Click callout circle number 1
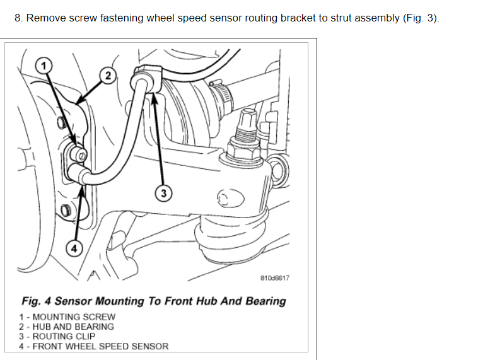tap(42, 64)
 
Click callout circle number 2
tap(108, 76)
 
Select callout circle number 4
tap(74, 248)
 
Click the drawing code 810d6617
tap(275, 277)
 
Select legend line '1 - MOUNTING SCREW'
tap(67, 316)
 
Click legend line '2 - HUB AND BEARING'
tap(67, 327)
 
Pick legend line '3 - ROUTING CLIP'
tap(61, 336)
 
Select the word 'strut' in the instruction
tap(343, 18)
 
